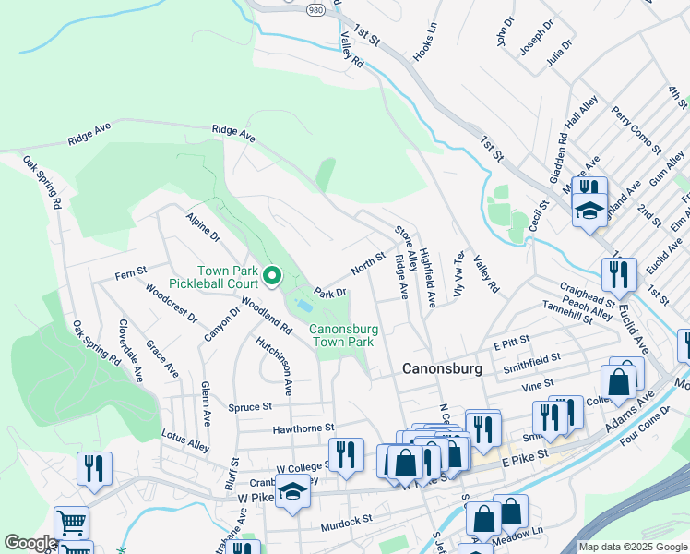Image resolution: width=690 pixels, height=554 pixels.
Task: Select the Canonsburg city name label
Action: tap(442, 368)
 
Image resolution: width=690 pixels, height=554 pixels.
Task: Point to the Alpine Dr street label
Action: tap(203, 229)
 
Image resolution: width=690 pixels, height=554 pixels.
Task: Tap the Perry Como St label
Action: tap(636, 130)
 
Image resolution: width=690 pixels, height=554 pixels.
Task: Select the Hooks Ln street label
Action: tap(424, 42)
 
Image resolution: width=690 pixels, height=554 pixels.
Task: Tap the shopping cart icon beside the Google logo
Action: tap(71, 523)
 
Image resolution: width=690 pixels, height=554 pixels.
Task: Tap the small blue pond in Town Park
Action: tap(303, 305)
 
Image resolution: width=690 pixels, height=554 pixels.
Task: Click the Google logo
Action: tap(30, 543)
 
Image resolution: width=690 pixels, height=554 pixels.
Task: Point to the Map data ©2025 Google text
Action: tap(632, 547)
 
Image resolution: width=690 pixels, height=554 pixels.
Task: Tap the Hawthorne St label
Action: tap(303, 428)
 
